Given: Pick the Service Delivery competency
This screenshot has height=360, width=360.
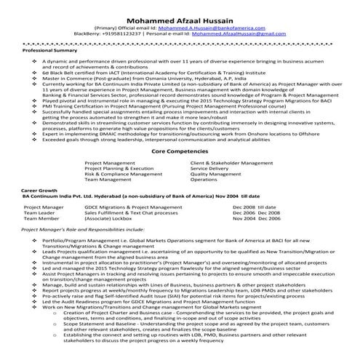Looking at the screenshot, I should (x=209, y=169).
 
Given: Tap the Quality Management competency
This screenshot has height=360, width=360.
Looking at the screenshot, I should (x=215, y=175).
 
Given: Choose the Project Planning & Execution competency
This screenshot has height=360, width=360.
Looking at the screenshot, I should (x=119, y=169).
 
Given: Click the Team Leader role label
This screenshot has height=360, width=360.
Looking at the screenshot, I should (x=39, y=212).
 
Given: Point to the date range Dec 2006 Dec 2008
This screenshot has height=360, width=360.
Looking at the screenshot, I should (x=255, y=212).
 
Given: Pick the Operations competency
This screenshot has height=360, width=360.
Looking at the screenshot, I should (x=204, y=180).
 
